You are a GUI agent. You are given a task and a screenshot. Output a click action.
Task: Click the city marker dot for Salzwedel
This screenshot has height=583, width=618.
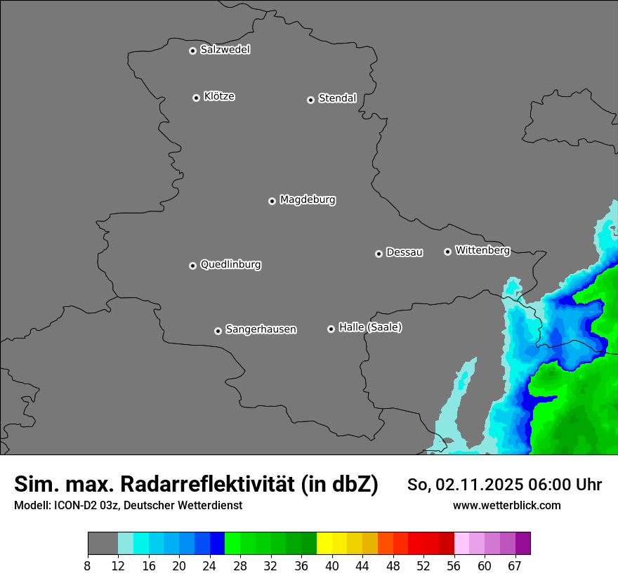point(192,51)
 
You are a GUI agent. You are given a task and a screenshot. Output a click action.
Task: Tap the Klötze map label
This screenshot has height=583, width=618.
point(219,96)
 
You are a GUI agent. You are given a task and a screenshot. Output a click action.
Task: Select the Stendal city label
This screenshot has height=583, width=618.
point(337,98)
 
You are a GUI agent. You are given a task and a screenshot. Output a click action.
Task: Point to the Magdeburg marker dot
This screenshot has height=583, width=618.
point(272,201)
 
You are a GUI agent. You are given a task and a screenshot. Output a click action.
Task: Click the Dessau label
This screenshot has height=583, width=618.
point(405,252)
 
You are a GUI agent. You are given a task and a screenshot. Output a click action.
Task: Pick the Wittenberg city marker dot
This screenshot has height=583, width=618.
point(447,251)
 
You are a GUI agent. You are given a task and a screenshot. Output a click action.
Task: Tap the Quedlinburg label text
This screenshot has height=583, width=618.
point(230,265)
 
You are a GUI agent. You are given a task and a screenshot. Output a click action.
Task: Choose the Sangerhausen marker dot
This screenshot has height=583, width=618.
point(218,331)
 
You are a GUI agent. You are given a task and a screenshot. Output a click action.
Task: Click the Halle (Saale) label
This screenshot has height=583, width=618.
point(370,327)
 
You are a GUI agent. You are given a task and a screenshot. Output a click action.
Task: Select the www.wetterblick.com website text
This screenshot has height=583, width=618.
point(507,505)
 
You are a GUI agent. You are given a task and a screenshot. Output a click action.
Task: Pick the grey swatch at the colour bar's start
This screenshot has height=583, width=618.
point(103,544)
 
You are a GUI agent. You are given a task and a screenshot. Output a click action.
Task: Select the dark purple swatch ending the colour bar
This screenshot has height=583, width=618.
point(522,544)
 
